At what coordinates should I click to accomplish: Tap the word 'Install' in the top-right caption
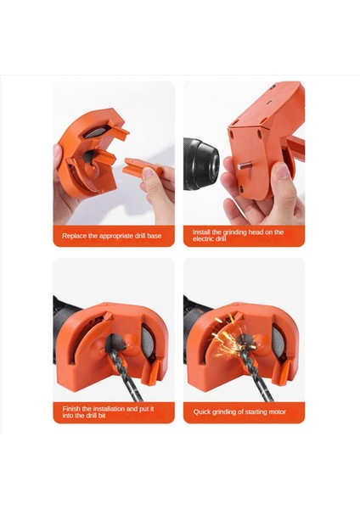coord(202,232)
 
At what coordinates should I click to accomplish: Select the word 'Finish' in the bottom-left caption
coord(72,408)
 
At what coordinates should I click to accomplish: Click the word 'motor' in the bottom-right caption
coord(274,411)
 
